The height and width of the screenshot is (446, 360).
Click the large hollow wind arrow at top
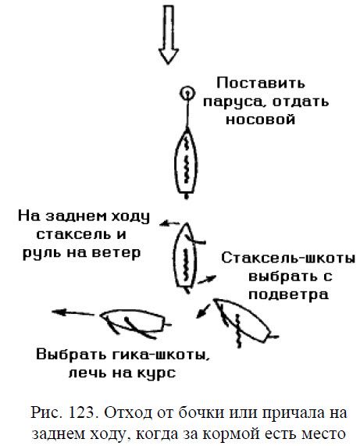[x=169, y=34]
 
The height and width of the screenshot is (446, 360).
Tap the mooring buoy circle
[x=187, y=93]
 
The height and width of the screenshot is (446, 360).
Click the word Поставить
[x=261, y=84]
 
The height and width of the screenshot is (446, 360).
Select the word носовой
[x=260, y=120]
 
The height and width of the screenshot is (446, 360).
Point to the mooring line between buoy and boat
[x=187, y=113]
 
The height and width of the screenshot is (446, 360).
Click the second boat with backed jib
[x=186, y=258]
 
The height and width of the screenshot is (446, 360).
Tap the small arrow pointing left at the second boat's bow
[x=169, y=224]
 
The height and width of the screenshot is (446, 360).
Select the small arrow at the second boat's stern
[x=207, y=280]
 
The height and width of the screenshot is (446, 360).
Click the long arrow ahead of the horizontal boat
[x=73, y=313]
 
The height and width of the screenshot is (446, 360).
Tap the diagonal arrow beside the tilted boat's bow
[x=204, y=311]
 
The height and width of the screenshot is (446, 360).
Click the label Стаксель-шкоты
[x=288, y=259]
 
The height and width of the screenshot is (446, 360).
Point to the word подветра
[x=289, y=294]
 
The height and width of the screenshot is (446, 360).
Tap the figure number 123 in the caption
[x=82, y=412]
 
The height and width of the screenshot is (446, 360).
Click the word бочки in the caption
[x=201, y=413]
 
